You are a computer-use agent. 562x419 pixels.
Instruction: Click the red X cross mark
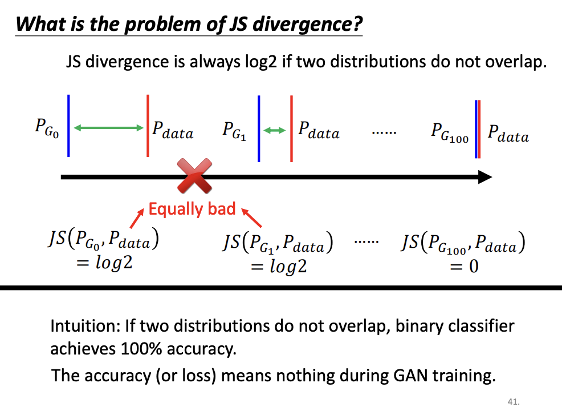[x=194, y=176]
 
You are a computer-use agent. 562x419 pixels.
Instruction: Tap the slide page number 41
[x=513, y=402]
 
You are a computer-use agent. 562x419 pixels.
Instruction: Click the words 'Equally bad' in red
[x=192, y=209]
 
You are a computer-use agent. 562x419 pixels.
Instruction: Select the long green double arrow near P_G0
[x=108, y=128]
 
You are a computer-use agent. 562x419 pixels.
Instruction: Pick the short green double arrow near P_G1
[x=275, y=131]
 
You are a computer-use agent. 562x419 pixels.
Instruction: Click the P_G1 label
[x=234, y=131]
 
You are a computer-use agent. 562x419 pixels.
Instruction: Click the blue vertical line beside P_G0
[x=68, y=125]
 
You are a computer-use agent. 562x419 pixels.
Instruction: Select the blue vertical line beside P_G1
[x=259, y=128]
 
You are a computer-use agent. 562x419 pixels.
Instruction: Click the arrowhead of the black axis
[x=484, y=177]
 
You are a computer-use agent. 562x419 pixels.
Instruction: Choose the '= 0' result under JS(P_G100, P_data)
[x=463, y=266]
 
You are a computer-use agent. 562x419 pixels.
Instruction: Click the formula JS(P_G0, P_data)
[x=103, y=241]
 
